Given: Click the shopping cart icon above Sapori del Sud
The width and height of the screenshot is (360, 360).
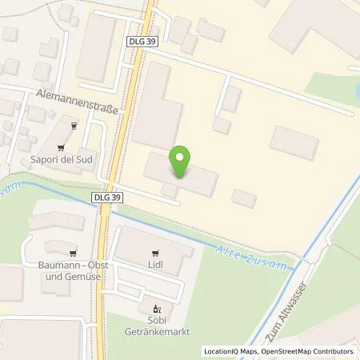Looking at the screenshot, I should click(x=74, y=126).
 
